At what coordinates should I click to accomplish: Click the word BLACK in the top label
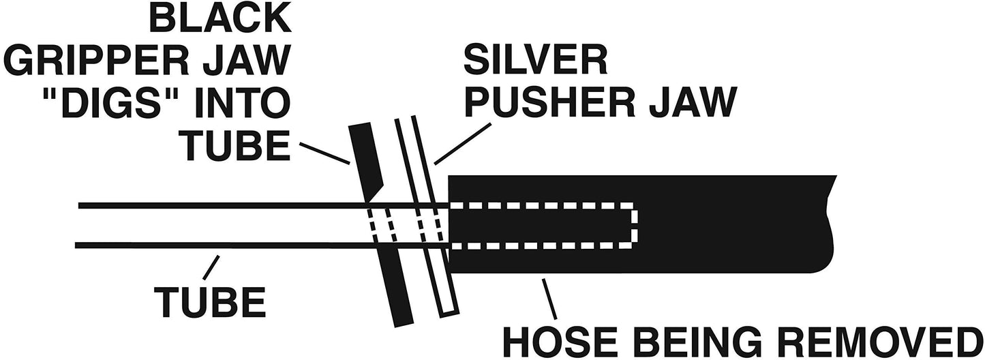coord(220,18)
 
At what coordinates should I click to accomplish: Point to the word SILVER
coord(536,60)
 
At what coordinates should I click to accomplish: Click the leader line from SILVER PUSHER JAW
coord(463,143)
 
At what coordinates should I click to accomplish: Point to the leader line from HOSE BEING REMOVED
coord(549,299)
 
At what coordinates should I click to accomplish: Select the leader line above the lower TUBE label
coord(211,267)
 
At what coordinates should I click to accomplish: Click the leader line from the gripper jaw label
coord(325,153)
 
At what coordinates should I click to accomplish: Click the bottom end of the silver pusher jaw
coord(449,314)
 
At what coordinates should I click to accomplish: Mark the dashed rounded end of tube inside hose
coord(634,225)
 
